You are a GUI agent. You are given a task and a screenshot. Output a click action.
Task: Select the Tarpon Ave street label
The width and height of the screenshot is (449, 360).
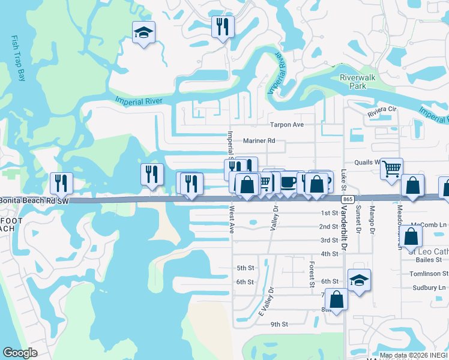pos(287,124)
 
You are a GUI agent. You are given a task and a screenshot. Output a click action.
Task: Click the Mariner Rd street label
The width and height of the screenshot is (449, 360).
pos(259,140)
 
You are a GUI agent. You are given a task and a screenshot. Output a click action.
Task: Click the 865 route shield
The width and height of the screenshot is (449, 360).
pos(347,199)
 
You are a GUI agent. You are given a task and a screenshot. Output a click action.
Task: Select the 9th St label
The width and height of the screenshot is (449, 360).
pos(279,324)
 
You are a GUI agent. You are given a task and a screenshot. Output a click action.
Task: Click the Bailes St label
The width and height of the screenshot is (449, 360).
pos(429,260)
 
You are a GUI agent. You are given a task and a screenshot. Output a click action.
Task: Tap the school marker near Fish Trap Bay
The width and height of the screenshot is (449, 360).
pos(143,32)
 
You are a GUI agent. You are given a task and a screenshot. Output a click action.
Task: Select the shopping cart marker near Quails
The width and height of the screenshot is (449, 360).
pos(391,169)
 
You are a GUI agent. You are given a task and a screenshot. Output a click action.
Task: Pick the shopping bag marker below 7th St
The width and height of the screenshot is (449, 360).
pos(337,299)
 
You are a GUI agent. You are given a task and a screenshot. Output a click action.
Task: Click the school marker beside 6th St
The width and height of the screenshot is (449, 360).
pos(359,280)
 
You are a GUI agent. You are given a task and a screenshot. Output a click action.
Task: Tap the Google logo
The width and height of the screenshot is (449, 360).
pos(20,353)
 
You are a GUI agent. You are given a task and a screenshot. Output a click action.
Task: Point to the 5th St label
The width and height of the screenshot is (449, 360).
pos(246,268)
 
